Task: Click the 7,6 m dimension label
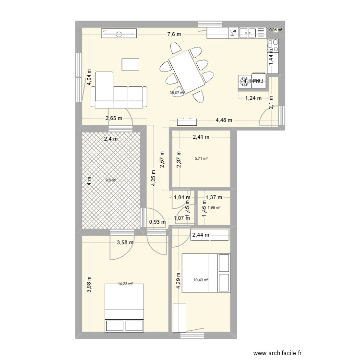174,34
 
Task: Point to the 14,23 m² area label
125,284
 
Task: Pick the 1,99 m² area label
214,207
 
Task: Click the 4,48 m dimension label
224,120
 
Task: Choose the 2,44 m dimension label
201,235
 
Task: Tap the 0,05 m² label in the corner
276,30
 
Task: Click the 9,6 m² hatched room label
111,180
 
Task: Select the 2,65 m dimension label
114,118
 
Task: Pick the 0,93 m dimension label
157,222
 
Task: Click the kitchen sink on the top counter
250,33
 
